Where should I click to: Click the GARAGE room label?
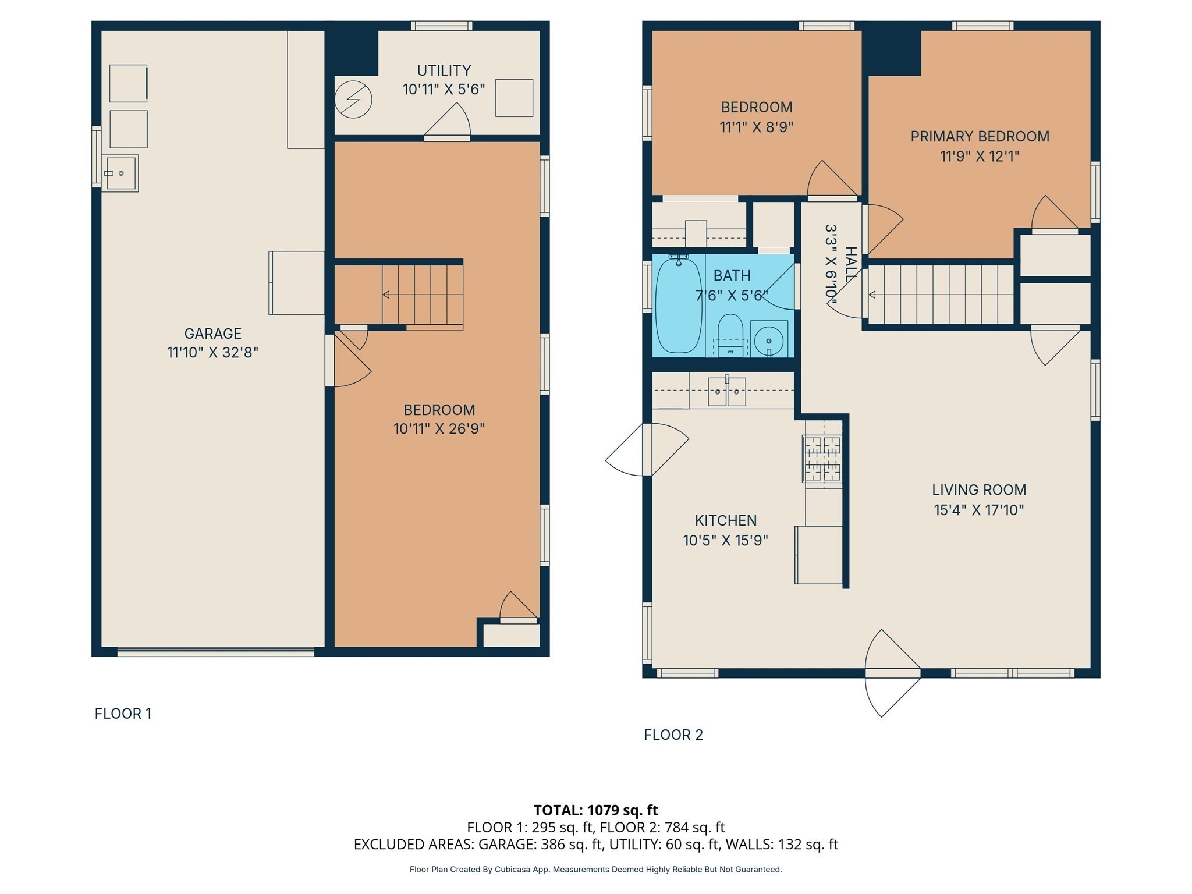pyautogui.click(x=212, y=334)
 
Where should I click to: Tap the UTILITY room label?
pyautogui.click(x=444, y=70)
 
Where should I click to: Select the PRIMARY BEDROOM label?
pyautogui.click(x=980, y=136)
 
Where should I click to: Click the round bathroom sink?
pyautogui.click(x=768, y=340)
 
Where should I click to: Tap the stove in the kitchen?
pyautogui.click(x=823, y=459)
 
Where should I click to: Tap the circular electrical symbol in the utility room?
pyautogui.click(x=353, y=100)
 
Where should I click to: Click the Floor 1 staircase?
pyautogui.click(x=422, y=295)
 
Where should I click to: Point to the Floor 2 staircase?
pyautogui.click(x=940, y=295)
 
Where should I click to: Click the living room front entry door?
pyautogui.click(x=892, y=673)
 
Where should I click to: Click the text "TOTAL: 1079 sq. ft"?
pyautogui.click(x=595, y=810)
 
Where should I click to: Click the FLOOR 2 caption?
pyautogui.click(x=673, y=735)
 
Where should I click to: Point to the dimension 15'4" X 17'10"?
pyautogui.click(x=978, y=510)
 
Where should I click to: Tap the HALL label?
pyautogui.click(x=850, y=264)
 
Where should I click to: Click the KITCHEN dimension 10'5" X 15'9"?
pyautogui.click(x=725, y=540)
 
